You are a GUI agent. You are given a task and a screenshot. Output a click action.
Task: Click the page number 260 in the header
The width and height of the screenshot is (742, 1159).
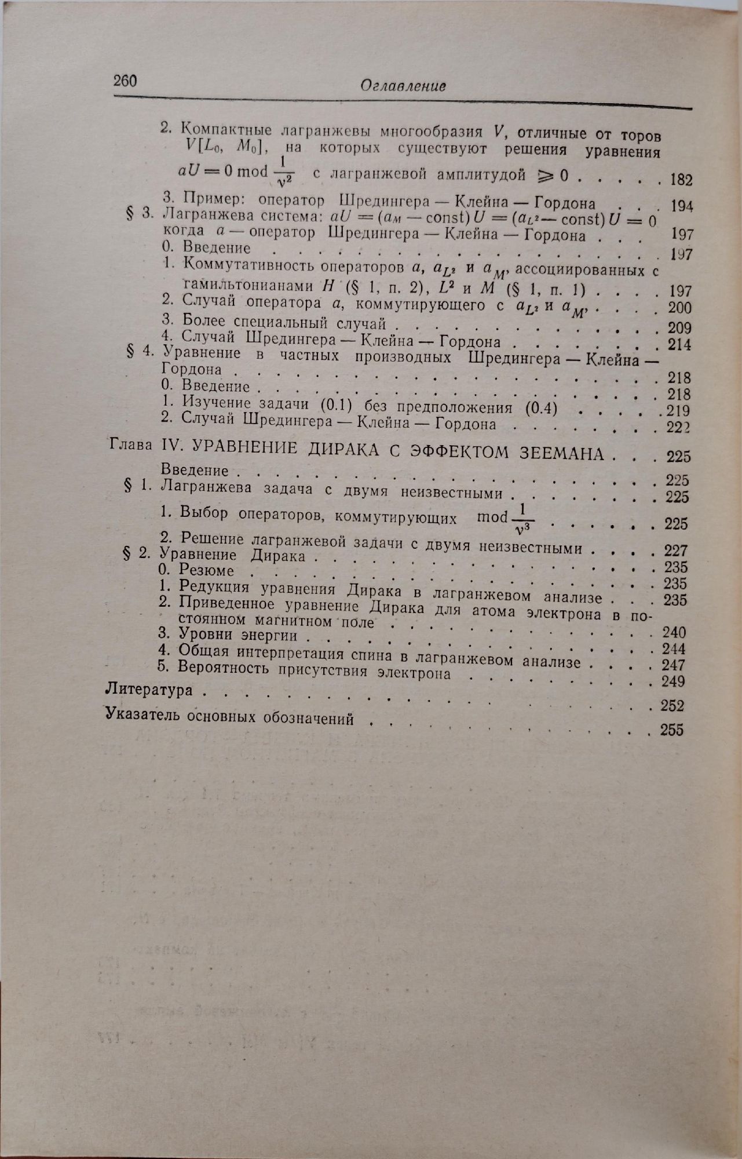[125, 81]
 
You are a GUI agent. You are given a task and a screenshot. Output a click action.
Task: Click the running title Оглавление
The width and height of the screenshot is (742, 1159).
[403, 86]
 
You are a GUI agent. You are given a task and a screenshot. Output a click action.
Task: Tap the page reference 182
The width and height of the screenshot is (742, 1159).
[681, 180]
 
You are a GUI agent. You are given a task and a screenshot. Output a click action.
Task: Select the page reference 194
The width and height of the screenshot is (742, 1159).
[681, 206]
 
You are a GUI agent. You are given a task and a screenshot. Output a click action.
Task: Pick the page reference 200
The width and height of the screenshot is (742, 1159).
[679, 308]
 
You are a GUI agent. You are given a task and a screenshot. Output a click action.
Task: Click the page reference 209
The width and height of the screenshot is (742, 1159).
[679, 328]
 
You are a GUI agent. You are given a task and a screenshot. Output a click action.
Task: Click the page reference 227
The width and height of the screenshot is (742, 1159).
[675, 550]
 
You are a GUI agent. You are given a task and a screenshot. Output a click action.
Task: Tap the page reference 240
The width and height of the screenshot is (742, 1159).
[674, 632]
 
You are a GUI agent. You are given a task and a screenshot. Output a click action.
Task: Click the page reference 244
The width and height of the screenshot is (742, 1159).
[674, 648]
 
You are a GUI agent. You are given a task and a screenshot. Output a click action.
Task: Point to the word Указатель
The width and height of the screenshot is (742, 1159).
[143, 714]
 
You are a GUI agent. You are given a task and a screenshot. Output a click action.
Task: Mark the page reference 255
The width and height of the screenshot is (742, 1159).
[672, 730]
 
